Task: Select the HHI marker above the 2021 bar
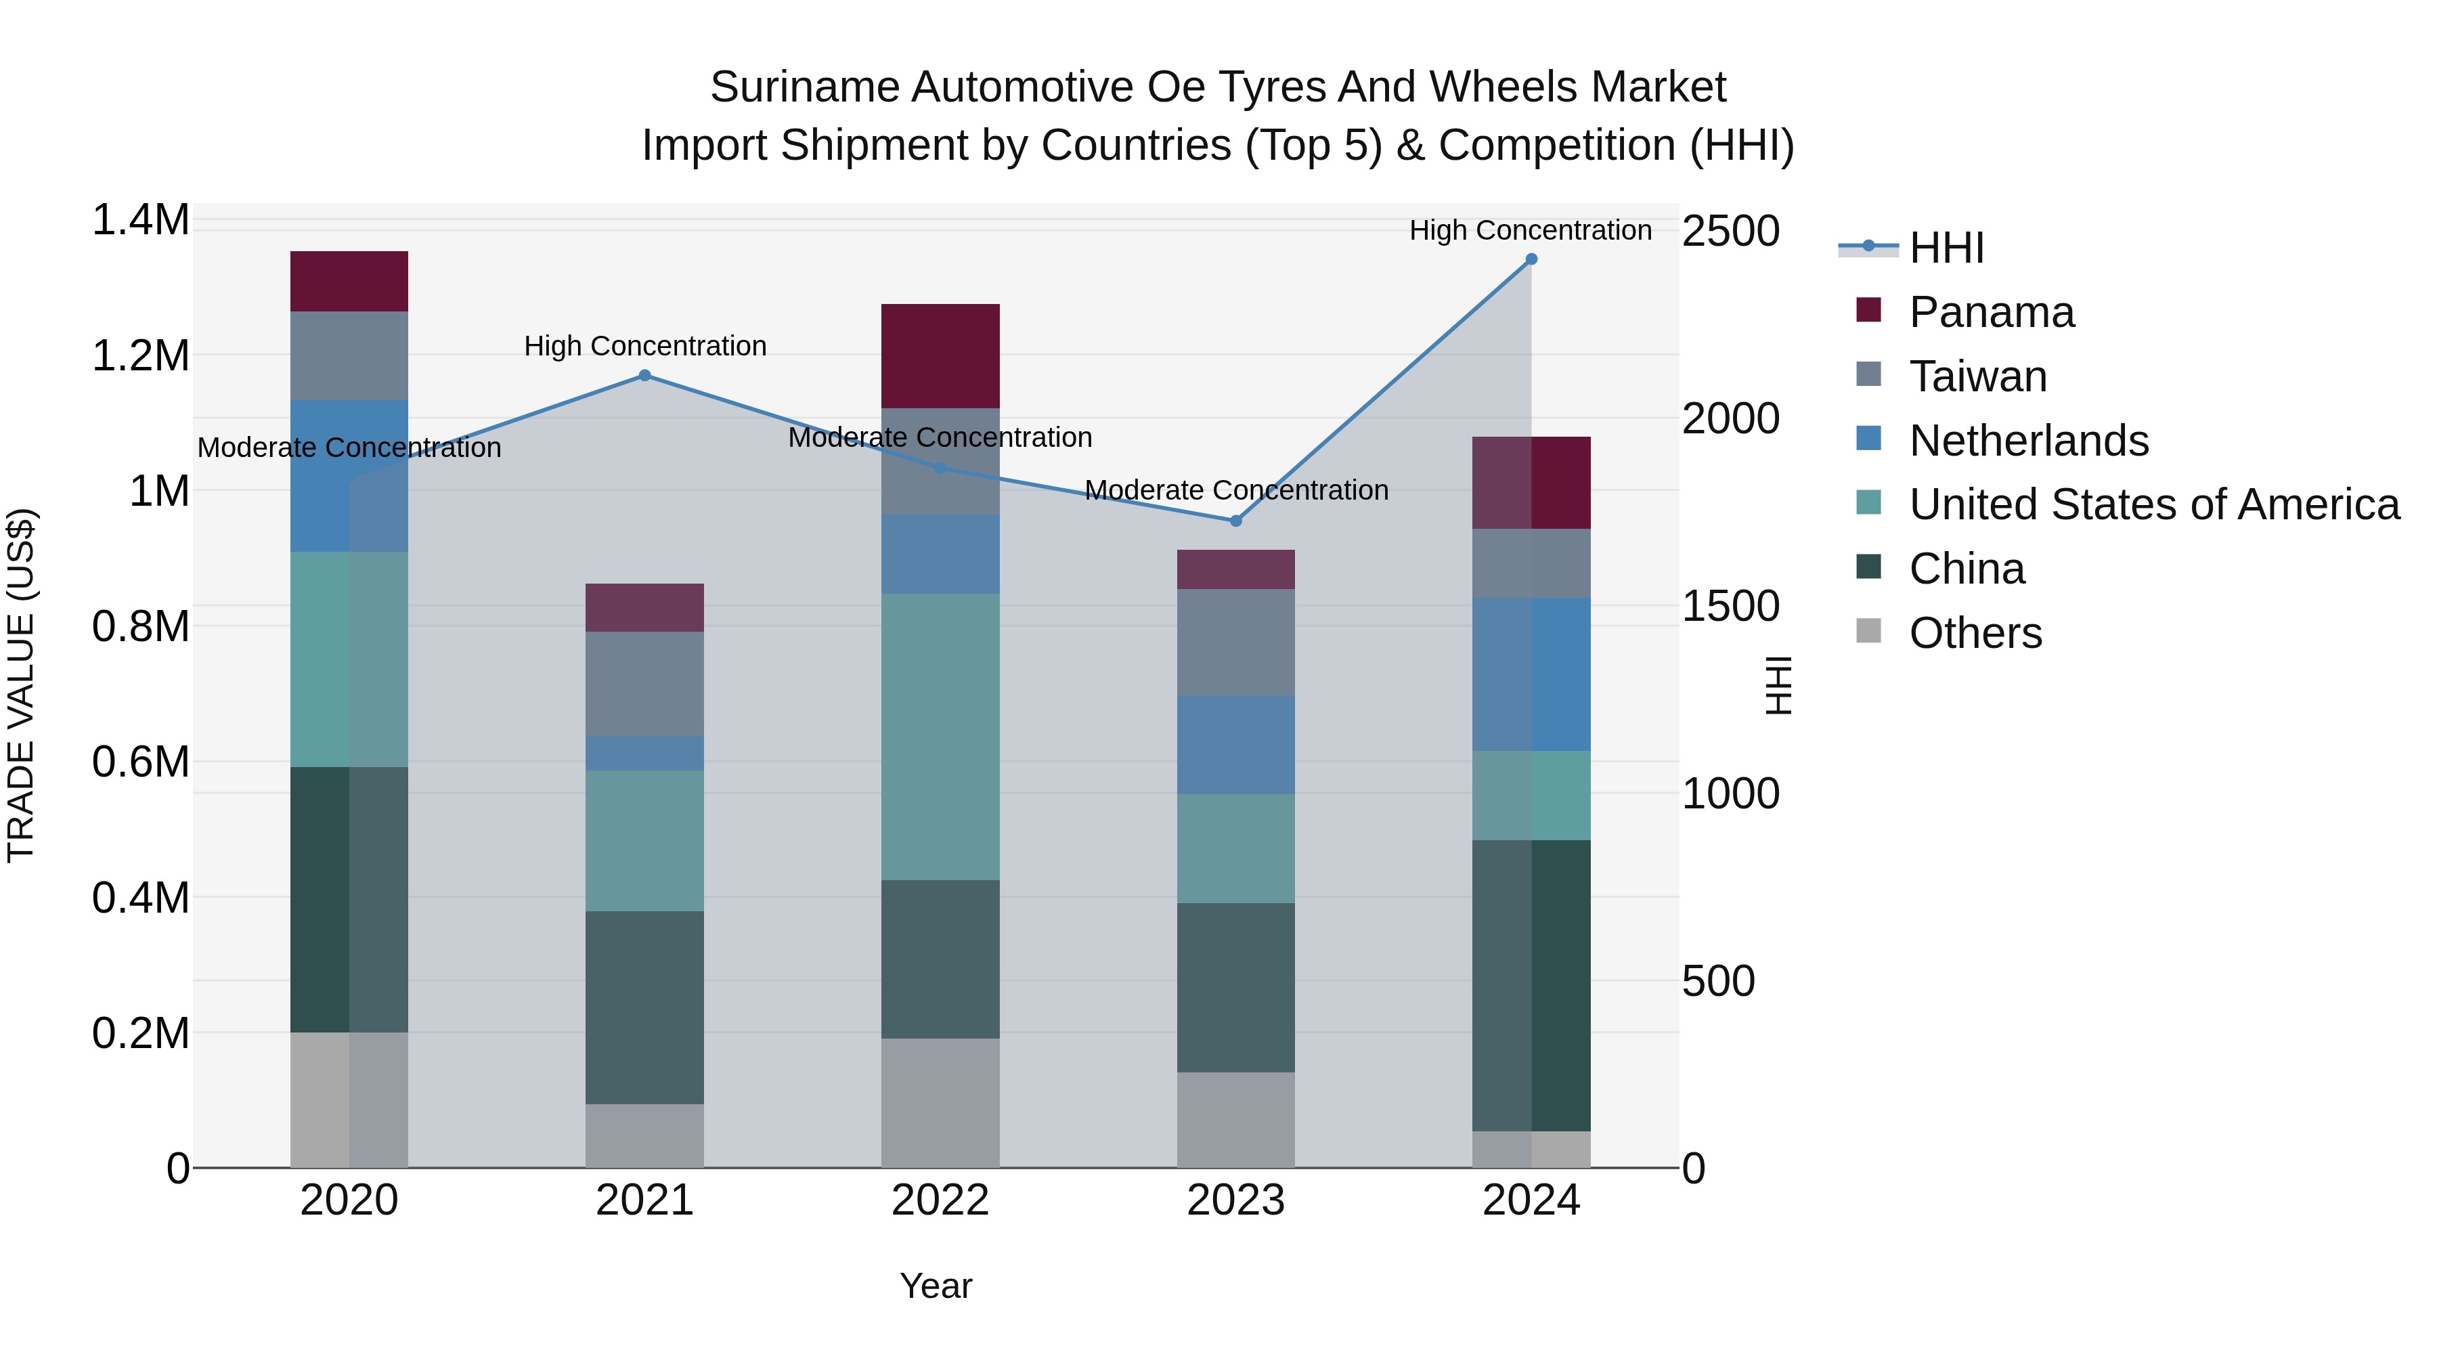point(644,376)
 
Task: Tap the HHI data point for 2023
point(1235,521)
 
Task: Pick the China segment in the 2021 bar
point(644,1007)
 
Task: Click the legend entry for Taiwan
point(1977,376)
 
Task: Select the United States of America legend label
point(2153,504)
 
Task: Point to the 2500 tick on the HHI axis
point(1730,231)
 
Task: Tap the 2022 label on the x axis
point(940,1200)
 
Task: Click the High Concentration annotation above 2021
point(644,346)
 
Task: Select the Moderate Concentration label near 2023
point(1235,490)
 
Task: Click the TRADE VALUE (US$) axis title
point(21,685)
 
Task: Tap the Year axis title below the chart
point(935,1286)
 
